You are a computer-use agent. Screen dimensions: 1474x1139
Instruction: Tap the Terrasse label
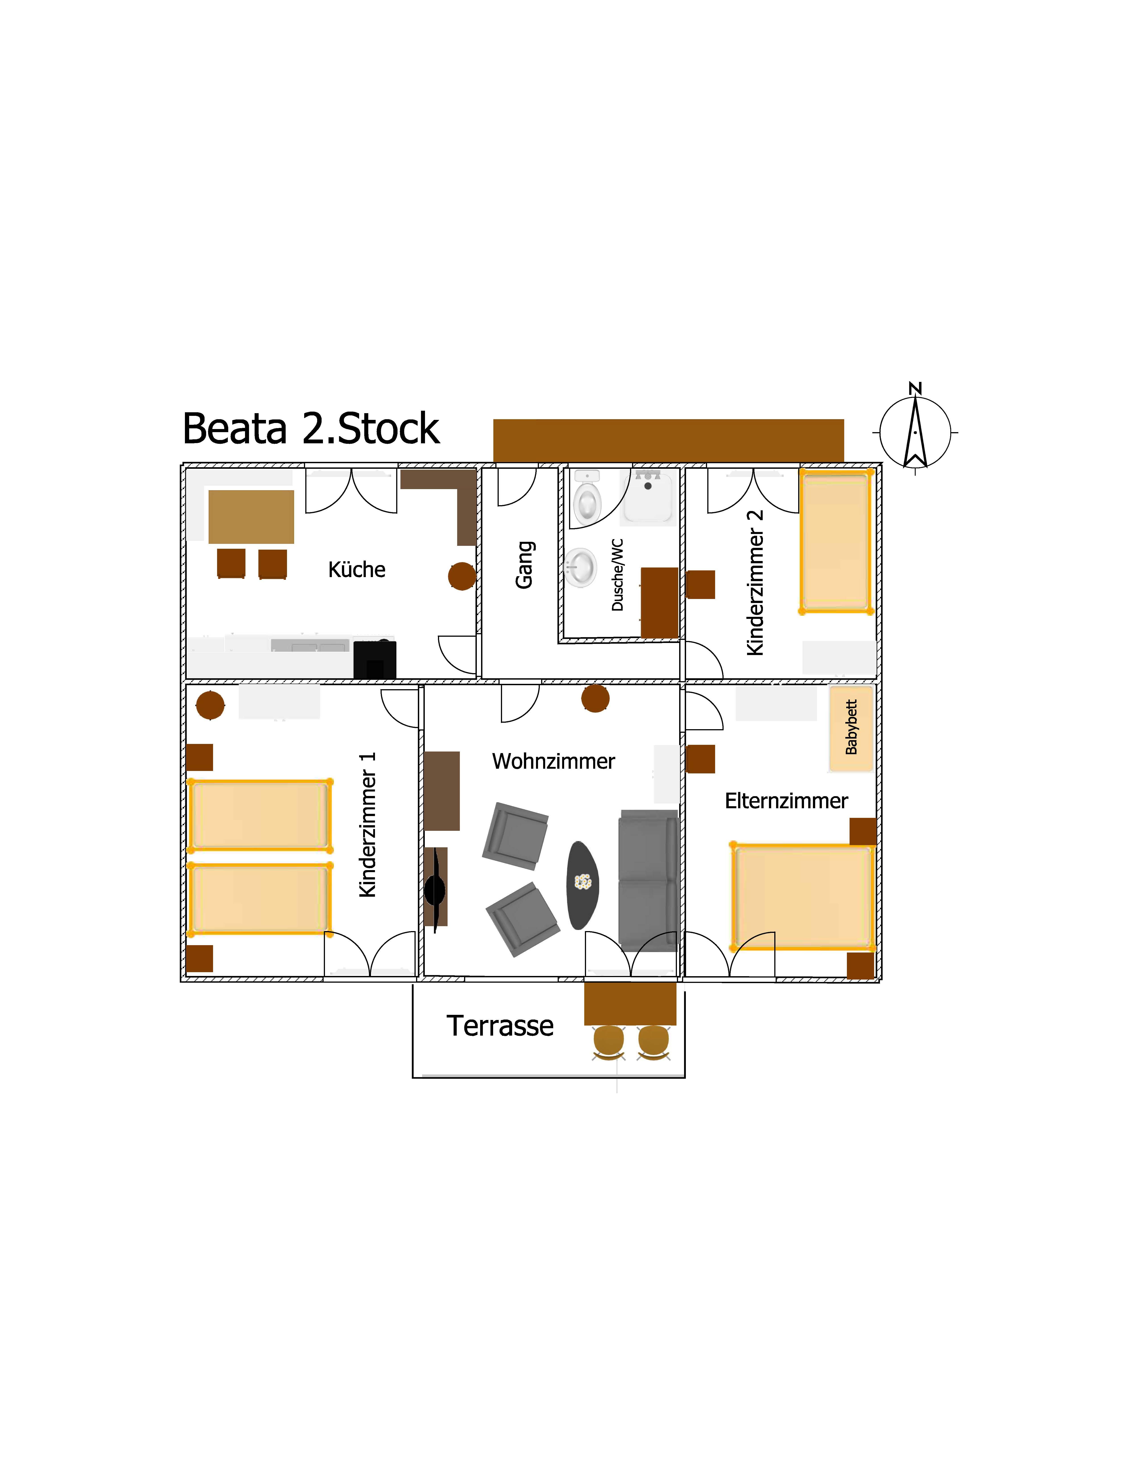pos(500,1026)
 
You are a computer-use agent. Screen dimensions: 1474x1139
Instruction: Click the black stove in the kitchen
pos(375,659)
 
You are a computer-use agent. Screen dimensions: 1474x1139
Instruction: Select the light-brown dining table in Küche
pos(251,516)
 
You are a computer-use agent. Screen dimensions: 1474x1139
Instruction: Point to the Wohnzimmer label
pos(553,761)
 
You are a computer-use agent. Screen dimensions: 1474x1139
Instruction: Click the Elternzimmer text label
pos(786,801)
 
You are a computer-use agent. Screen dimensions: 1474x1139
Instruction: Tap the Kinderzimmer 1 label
pos(367,825)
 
